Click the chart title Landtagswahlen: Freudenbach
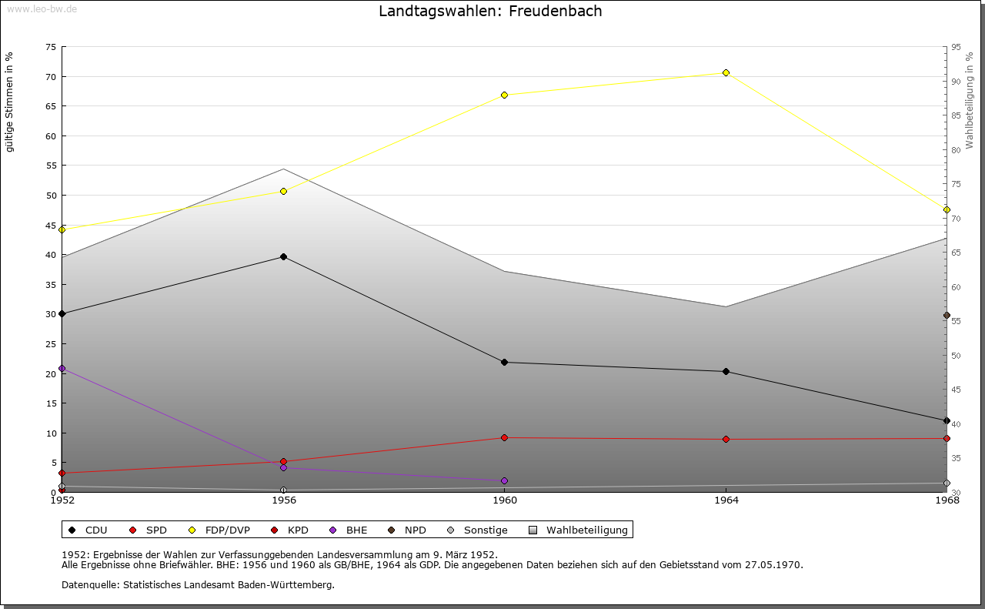point(490,12)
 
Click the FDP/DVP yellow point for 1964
point(726,73)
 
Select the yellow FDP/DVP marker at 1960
point(504,95)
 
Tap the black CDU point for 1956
point(283,257)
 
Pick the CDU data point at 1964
point(726,372)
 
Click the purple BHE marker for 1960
point(504,481)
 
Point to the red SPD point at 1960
point(504,438)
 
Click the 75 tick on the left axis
point(51,47)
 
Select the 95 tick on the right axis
point(956,47)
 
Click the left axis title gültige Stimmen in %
point(10,102)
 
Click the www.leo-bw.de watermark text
point(42,8)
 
